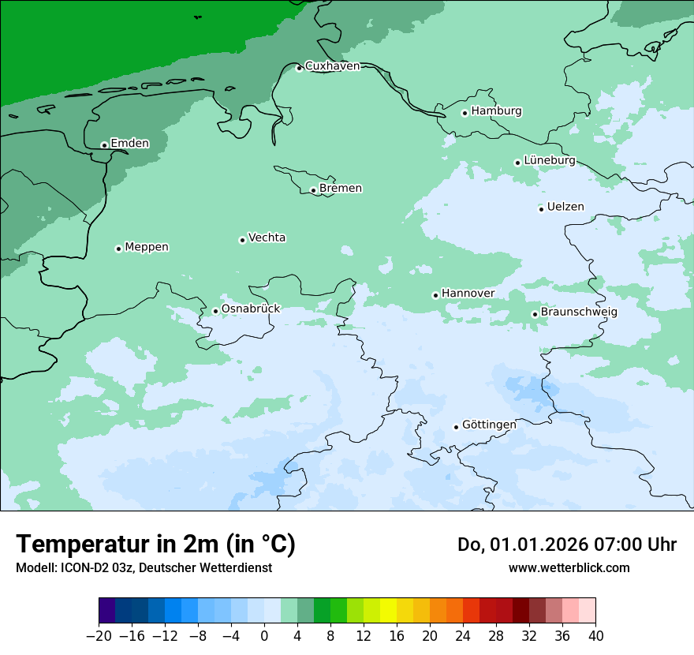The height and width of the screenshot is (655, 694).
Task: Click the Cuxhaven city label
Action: [x=332, y=66]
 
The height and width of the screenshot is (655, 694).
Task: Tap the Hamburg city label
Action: [x=496, y=111]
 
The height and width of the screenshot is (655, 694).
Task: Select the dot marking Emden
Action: [x=104, y=145]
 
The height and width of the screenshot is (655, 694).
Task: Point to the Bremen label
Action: [x=341, y=189]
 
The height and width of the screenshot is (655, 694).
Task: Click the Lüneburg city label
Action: [x=549, y=160]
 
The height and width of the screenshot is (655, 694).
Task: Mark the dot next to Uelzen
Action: [x=541, y=209]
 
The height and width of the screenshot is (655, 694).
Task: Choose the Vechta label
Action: [x=267, y=238]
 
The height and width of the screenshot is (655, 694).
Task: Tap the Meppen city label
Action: [x=147, y=247]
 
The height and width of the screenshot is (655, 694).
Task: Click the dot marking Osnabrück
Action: [x=215, y=311]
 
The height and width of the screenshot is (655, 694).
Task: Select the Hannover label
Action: [x=468, y=294]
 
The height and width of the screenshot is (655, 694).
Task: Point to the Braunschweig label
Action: [x=579, y=313]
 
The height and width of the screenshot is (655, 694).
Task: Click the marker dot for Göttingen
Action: [x=456, y=427]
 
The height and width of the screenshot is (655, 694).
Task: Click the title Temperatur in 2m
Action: [x=155, y=544]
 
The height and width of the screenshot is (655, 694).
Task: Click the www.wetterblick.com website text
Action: [x=569, y=568]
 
